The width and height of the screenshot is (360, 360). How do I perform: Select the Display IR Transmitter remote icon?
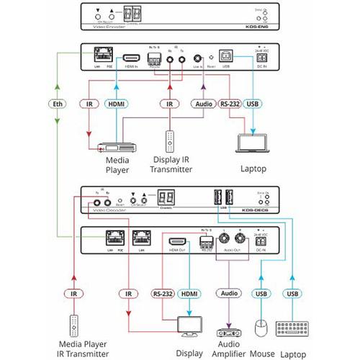170,140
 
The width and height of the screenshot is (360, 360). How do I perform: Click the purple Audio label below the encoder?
204,104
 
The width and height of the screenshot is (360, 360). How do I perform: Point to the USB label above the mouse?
260,294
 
